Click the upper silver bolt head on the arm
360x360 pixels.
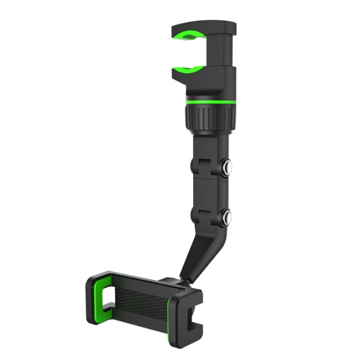[x=225, y=167]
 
